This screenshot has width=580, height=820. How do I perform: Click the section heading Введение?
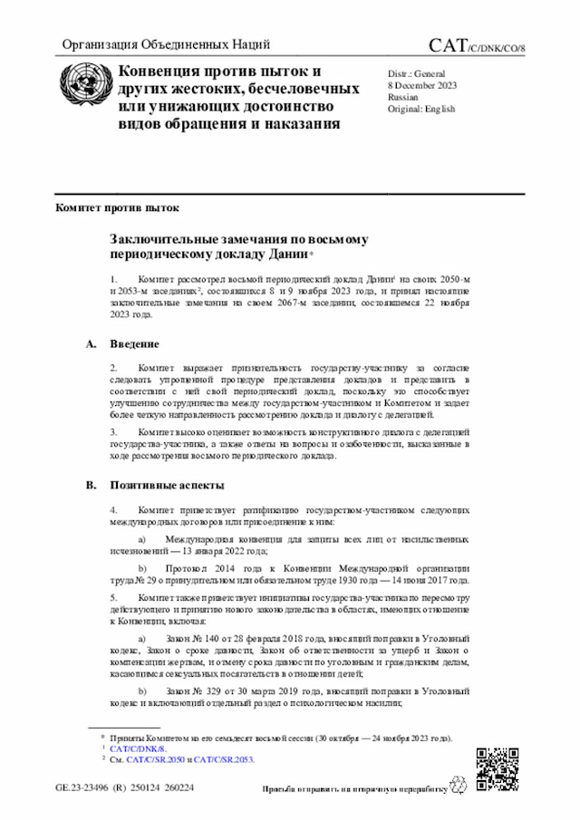135,344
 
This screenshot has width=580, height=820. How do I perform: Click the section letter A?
90,344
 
